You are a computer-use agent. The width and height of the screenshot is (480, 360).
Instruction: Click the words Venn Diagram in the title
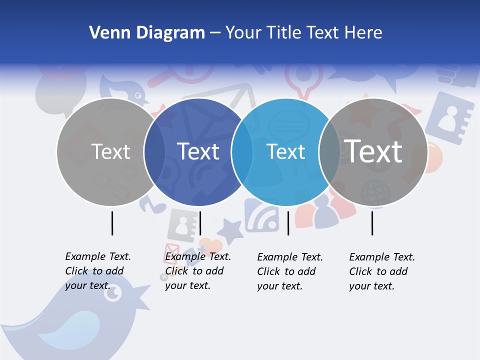[147, 33]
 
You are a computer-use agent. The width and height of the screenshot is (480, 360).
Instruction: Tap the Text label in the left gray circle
[110, 151]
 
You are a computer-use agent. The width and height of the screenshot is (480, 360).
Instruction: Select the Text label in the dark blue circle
[198, 151]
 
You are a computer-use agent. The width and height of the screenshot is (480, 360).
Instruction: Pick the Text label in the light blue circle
[285, 151]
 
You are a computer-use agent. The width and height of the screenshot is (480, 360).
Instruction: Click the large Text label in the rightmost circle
[373, 151]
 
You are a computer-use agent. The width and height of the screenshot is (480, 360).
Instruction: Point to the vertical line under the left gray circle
[112, 223]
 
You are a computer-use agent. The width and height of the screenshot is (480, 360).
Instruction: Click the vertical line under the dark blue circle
[200, 223]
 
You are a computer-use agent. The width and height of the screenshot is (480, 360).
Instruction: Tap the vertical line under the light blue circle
[288, 223]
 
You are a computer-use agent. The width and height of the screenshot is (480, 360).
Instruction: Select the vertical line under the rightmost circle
[372, 223]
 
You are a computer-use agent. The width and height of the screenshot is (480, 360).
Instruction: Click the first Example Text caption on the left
[97, 271]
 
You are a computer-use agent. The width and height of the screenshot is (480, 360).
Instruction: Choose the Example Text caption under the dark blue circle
[197, 271]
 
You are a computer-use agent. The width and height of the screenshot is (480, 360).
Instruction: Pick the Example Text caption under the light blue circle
[289, 271]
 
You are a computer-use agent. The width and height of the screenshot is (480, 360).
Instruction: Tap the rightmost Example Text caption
[381, 271]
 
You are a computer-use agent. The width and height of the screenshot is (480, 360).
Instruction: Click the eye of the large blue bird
[113, 293]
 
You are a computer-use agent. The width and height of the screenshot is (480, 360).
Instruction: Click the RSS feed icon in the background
[261, 215]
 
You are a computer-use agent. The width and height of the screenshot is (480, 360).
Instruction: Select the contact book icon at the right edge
[449, 118]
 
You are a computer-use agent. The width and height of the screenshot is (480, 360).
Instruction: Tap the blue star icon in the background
[230, 231]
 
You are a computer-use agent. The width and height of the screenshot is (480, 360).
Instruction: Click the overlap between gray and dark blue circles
[154, 151]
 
